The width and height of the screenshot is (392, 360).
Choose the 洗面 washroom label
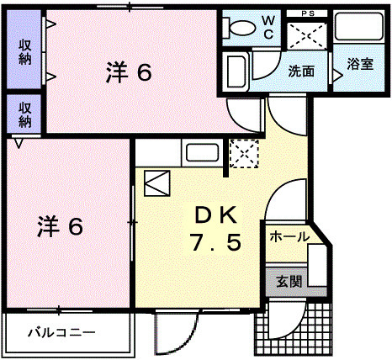click(x=301, y=72)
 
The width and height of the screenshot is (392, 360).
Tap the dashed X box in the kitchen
click(x=245, y=154)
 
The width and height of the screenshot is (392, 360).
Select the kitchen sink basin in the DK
click(x=203, y=153)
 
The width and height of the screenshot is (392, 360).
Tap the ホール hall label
click(x=289, y=238)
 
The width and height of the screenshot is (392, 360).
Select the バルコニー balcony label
click(x=60, y=332)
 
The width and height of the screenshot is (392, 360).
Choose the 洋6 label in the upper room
click(x=129, y=72)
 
